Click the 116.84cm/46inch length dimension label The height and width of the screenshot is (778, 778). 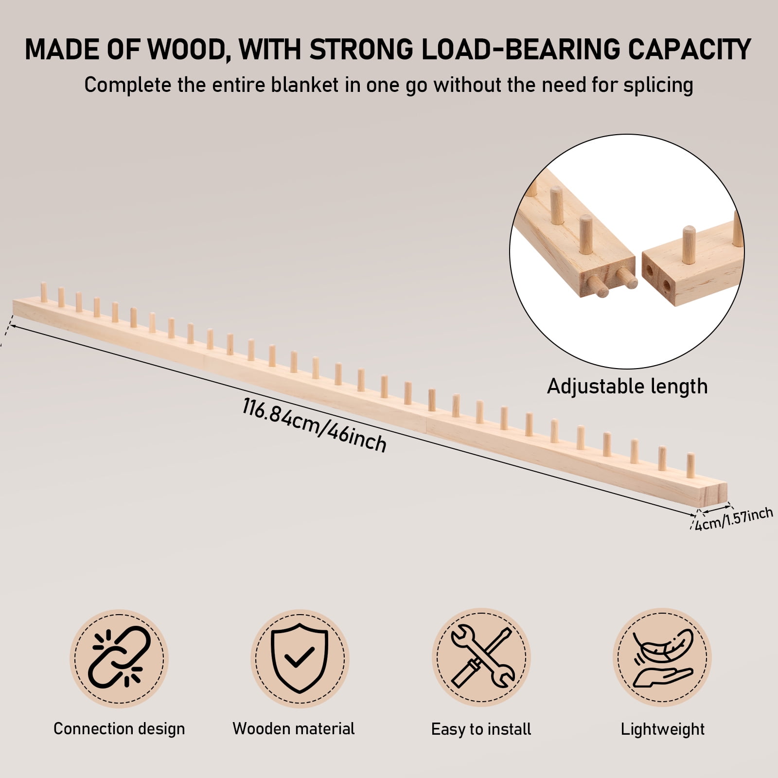(315, 425)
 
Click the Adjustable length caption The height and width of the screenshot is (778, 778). (627, 386)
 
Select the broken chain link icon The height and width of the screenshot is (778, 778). (119, 658)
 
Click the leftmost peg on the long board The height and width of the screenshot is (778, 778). (44, 291)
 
